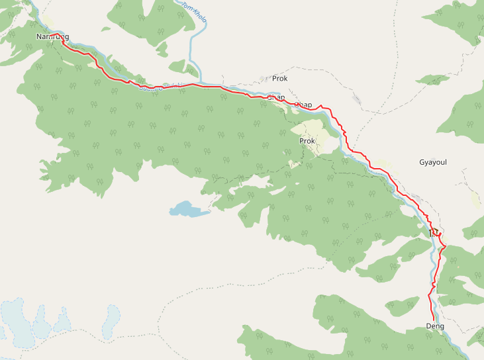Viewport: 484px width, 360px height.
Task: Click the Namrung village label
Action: [x=53, y=36]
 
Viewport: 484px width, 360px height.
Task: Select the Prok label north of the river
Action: [x=280, y=79]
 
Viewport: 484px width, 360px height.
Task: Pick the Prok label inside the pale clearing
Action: [x=307, y=141]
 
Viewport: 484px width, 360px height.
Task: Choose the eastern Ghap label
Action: [x=303, y=105]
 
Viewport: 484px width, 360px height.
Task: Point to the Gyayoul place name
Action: [x=434, y=162]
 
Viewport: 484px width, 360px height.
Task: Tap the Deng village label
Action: [x=435, y=327]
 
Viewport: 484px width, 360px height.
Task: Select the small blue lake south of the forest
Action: [x=187, y=210]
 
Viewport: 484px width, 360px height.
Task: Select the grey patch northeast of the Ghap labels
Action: [x=360, y=101]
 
